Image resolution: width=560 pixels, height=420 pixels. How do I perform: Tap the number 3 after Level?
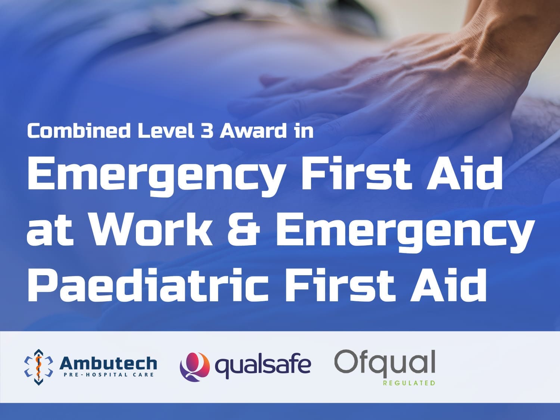coord(207,131)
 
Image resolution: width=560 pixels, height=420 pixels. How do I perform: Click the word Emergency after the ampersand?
coord(405,236)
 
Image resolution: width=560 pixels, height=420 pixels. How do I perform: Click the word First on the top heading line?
coord(356,174)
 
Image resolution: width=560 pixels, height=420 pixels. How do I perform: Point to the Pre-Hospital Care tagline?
coord(108,375)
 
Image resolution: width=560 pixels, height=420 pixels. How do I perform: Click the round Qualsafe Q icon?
coord(195,367)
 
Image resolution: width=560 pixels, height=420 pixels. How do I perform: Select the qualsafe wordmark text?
coord(263,366)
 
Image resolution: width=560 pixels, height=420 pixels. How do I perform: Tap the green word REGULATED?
coord(409,383)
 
